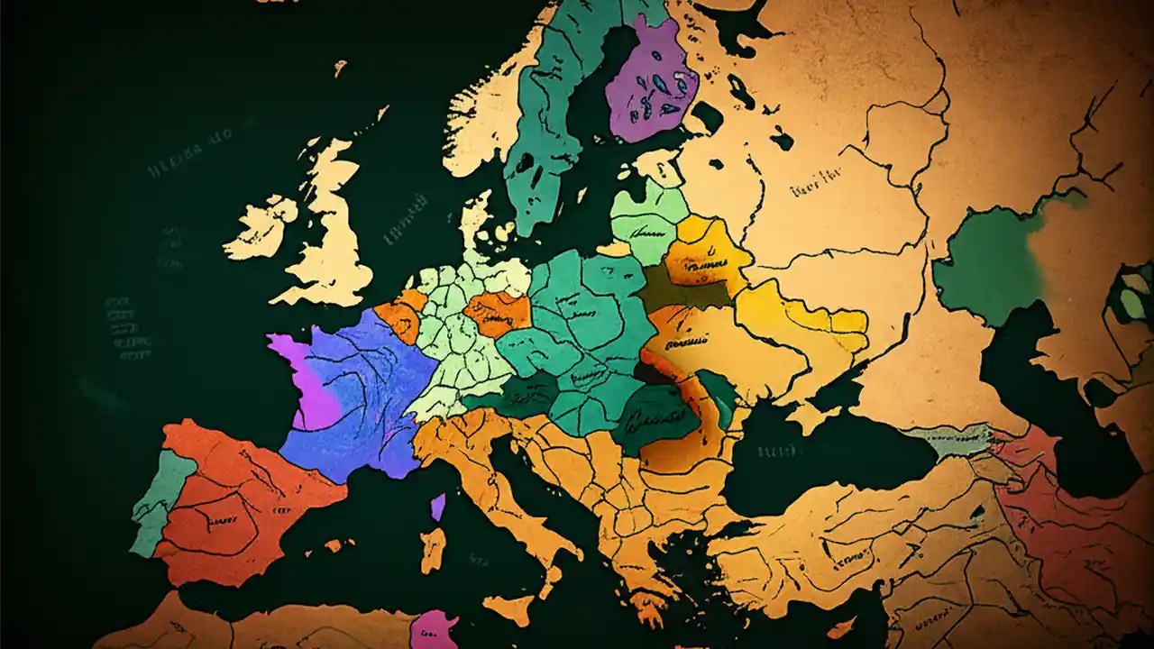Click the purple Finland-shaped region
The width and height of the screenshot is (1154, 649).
pyautogui.click(x=651, y=81)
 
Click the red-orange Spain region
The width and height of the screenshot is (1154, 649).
pyautogui.click(x=243, y=505)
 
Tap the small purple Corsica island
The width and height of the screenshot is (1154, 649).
pyautogui.click(x=438, y=506)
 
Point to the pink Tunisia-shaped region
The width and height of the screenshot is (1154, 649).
pyautogui.click(x=433, y=629)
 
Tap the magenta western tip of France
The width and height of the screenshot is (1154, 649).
pyautogui.click(x=302, y=379)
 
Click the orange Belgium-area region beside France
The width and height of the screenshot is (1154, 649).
pyautogui.click(x=401, y=315)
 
